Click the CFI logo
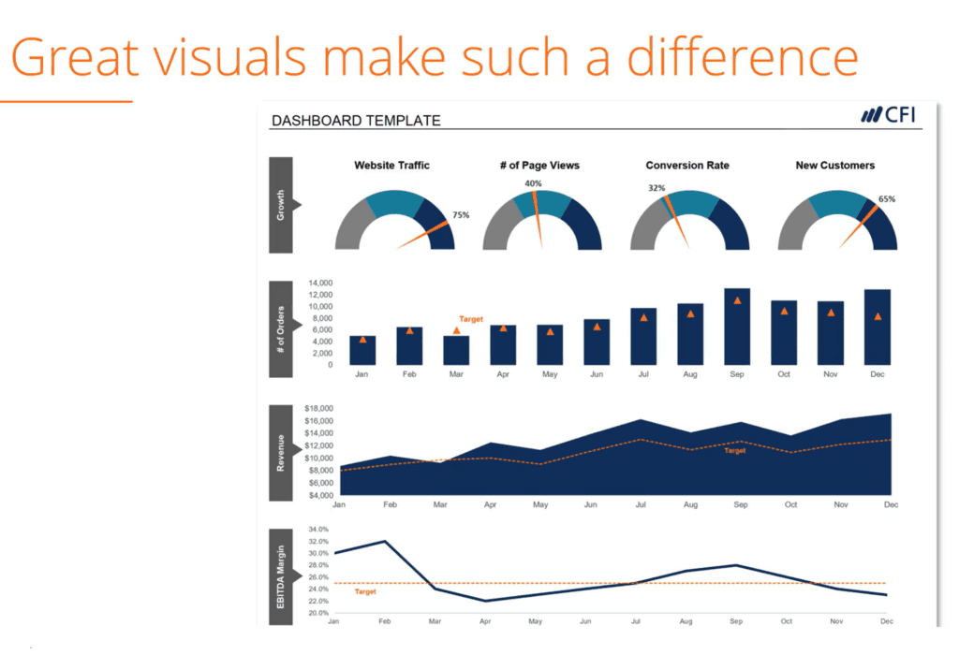pos(888,115)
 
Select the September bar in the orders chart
pos(737,327)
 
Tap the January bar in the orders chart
pos(362,350)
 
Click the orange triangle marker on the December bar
pos(878,316)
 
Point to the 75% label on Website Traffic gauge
pos(461,215)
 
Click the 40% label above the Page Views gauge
pos(533,183)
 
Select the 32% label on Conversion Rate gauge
pos(657,188)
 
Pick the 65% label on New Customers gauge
pos(887,199)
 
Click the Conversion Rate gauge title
pos(687,166)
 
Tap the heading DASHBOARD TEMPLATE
pos(355,120)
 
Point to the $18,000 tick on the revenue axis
pos(319,409)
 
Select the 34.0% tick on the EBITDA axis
pos(318,530)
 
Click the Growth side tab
pos(281,204)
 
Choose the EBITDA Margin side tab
pos(281,576)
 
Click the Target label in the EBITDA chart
pos(365,592)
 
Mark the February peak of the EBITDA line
pos(384,542)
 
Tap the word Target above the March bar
pos(471,319)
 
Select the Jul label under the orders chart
pos(643,374)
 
